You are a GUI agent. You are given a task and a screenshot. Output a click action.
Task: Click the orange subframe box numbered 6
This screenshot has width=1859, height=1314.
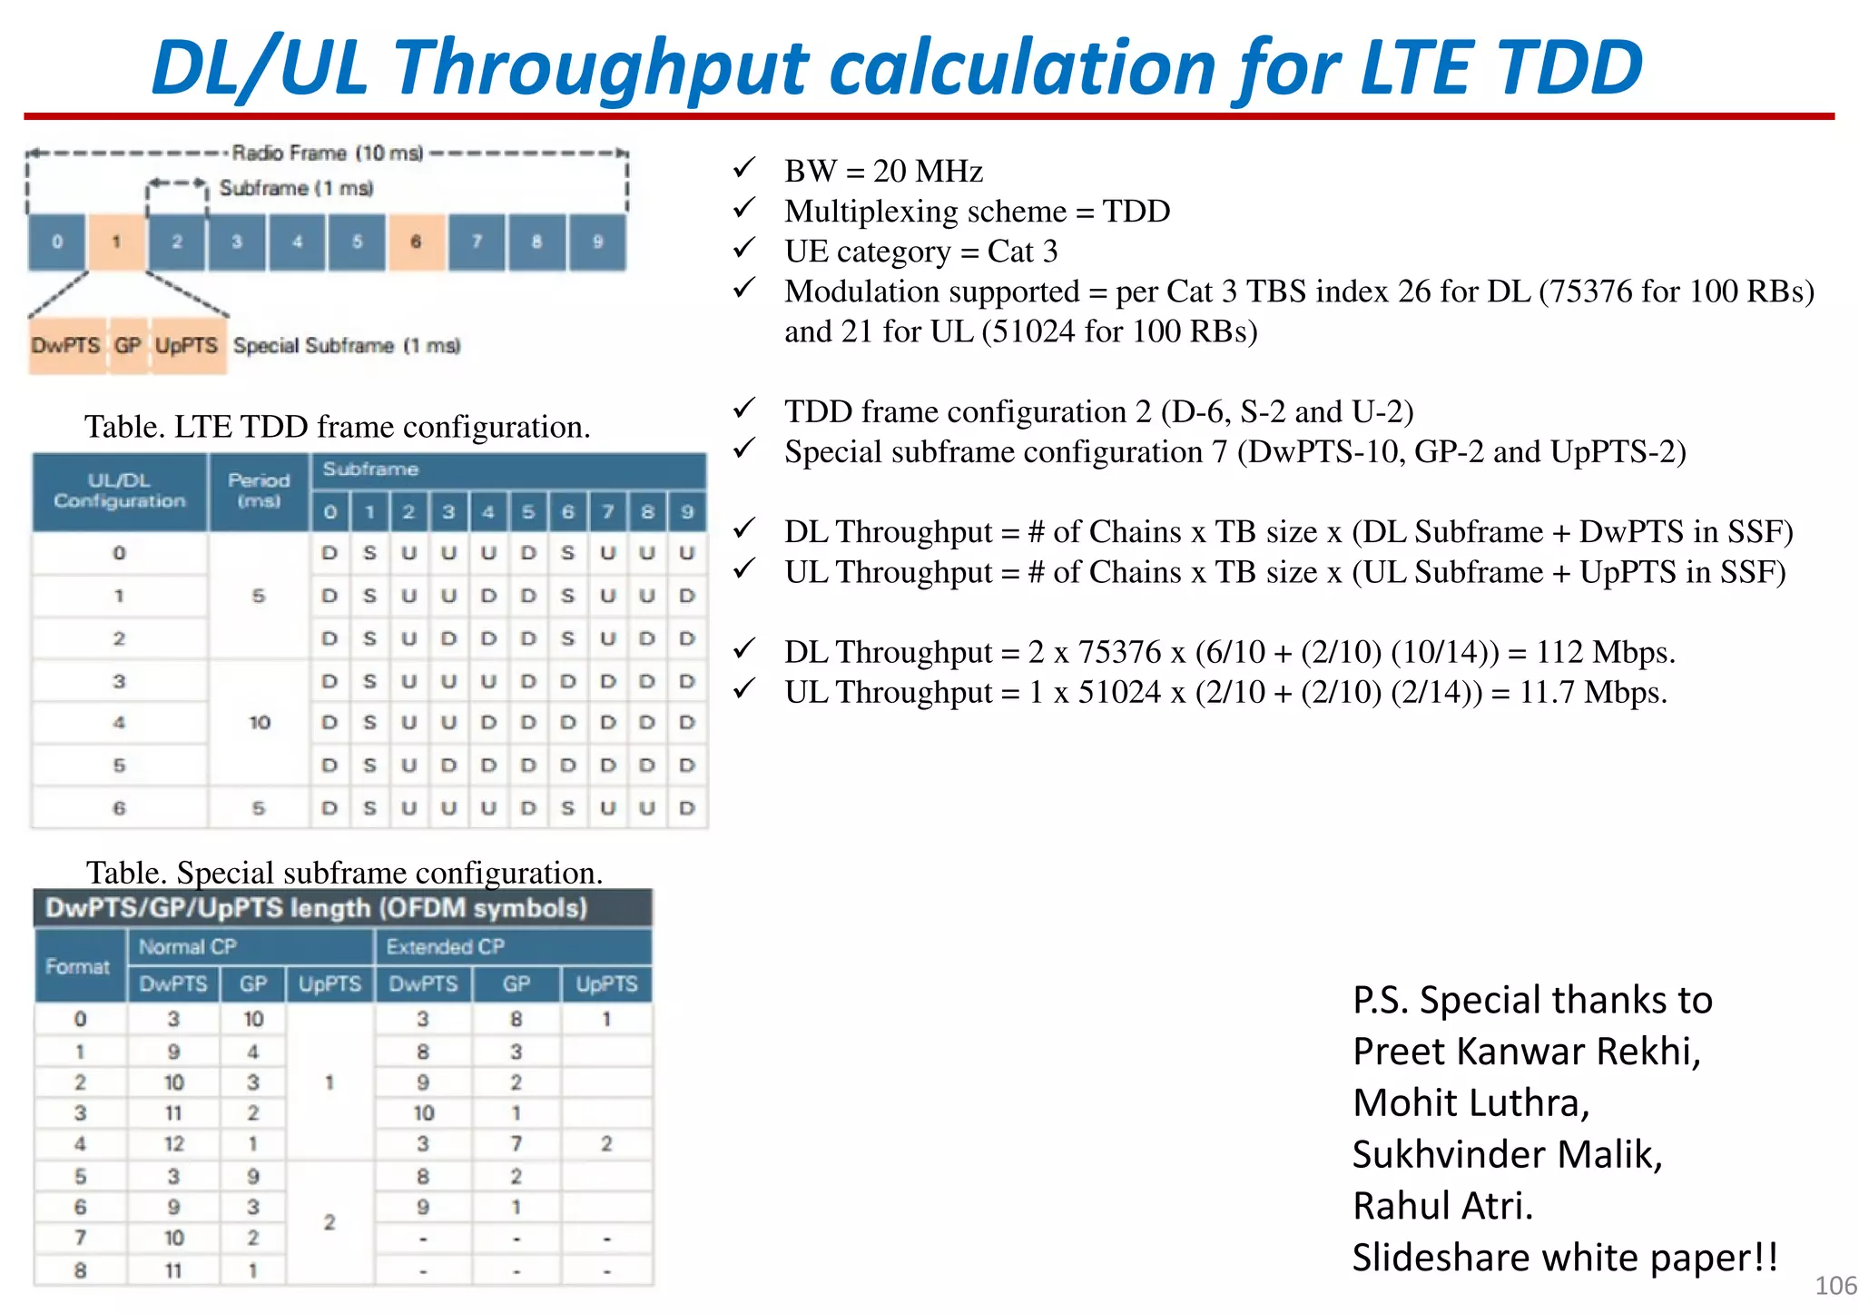pos(417,242)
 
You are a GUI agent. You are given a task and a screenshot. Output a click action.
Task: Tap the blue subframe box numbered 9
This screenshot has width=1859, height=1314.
pos(597,242)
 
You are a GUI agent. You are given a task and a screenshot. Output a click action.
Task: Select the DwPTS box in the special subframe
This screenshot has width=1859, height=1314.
pos(66,346)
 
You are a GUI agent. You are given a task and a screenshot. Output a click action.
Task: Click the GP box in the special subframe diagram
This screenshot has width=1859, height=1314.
pos(128,346)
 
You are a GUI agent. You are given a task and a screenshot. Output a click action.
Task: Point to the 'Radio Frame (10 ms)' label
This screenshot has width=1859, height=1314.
pos(327,153)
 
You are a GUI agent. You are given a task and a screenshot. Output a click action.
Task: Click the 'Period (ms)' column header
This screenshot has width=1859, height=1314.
pos(259,490)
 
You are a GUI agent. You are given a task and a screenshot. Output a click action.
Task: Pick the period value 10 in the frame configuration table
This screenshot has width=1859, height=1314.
pos(260,723)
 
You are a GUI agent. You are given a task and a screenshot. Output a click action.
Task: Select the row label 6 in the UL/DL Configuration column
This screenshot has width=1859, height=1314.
pos(119,808)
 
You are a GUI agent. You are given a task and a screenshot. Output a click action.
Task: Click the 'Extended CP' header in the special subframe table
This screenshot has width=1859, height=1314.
pos(445,947)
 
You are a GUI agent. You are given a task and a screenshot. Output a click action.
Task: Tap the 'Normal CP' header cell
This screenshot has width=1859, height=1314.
pos(188,947)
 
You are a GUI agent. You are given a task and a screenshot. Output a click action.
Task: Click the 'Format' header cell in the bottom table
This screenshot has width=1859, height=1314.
pos(78,966)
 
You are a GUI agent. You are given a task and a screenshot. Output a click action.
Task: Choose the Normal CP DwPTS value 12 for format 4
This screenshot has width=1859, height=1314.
pos(173,1144)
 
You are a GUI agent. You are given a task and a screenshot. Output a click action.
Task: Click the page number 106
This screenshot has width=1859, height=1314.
pos(1834,1286)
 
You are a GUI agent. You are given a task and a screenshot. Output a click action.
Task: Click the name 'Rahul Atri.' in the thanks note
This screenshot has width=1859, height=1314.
pos(1442,1206)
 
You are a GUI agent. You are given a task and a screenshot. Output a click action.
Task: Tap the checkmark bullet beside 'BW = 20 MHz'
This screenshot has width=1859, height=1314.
pos(744,169)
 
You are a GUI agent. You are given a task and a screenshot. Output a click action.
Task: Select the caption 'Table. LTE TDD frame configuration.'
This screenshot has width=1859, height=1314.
pos(338,427)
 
